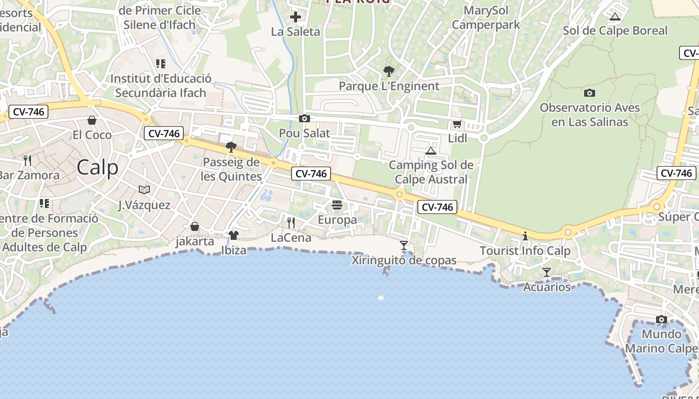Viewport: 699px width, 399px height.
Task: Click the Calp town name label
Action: (97, 168)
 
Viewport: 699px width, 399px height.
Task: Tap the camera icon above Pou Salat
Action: (304, 119)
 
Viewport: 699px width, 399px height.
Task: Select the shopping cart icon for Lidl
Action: (457, 124)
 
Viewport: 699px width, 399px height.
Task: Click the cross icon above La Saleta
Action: (296, 17)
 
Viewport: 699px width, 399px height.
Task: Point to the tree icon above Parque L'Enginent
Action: (388, 71)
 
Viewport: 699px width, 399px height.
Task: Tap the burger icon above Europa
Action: (337, 205)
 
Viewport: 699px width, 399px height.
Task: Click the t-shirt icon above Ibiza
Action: (233, 235)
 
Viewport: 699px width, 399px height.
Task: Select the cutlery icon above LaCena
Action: (291, 222)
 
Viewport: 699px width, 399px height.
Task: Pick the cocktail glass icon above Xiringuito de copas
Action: (404, 245)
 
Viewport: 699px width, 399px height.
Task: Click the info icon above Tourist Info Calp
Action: (525, 236)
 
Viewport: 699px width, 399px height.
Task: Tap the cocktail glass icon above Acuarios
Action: (547, 272)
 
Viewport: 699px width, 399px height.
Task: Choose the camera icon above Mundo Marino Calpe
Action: (662, 319)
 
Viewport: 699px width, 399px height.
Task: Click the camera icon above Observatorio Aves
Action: (590, 93)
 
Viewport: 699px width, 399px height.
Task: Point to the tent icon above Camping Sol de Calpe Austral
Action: (430, 151)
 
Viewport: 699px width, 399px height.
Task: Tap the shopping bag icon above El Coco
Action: (92, 120)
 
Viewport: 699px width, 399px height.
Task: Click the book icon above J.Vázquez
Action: (144, 190)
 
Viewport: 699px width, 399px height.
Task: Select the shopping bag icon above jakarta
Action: (195, 227)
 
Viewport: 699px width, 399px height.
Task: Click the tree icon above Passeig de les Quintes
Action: (231, 147)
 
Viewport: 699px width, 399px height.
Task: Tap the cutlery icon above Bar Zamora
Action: (27, 161)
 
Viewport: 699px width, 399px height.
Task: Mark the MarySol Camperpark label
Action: (486, 17)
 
